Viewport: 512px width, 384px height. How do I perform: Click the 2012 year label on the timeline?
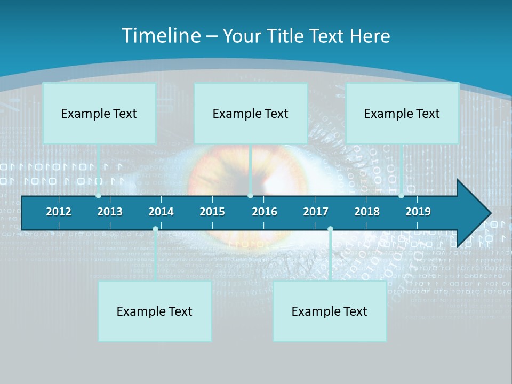point(59,212)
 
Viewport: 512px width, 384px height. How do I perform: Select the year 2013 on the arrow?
point(110,212)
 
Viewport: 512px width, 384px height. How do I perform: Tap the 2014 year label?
point(161,212)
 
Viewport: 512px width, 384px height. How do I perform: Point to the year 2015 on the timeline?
point(212,212)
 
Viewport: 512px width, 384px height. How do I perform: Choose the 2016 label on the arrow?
point(265,212)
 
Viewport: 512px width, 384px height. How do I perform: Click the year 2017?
point(316,212)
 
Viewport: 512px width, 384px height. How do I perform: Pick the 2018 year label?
point(367,212)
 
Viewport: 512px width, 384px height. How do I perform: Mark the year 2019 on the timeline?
point(418,212)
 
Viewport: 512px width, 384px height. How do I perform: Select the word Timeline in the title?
point(160,36)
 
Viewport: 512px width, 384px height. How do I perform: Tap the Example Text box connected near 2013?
point(99,113)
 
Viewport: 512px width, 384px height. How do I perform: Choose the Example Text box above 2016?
point(251,113)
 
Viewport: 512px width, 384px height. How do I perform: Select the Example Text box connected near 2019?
point(402,113)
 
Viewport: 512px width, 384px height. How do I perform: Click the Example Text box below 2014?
point(155,311)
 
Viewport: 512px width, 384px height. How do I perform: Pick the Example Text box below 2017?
point(330,311)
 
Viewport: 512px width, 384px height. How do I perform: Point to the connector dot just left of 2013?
point(99,196)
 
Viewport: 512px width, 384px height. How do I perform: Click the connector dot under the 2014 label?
point(155,229)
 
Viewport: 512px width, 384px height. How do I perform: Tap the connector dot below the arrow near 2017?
point(330,229)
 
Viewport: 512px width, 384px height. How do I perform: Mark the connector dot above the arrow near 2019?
point(402,196)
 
